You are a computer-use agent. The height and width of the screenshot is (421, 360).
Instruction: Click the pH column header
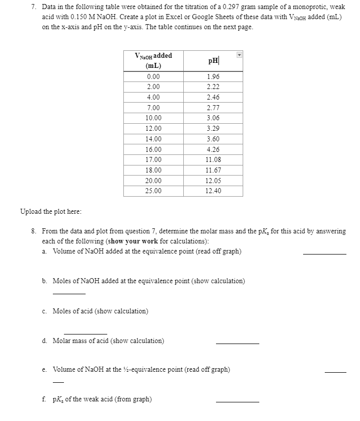point(212,61)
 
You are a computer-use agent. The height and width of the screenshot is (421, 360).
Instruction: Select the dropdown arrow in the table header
point(240,55)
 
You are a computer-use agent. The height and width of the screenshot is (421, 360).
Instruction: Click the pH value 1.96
point(212,76)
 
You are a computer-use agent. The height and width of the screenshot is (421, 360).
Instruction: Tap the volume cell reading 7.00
point(154,108)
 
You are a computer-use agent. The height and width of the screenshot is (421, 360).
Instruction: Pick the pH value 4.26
point(212,149)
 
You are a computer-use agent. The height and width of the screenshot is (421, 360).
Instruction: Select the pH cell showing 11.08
point(212,160)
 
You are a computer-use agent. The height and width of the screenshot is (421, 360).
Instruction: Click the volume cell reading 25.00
point(154,191)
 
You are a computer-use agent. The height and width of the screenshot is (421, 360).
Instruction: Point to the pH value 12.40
point(212,191)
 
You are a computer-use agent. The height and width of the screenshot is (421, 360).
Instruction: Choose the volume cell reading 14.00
point(154,139)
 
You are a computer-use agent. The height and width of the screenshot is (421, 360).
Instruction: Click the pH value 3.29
point(212,129)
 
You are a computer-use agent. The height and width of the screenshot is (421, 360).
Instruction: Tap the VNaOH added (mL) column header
point(154,60)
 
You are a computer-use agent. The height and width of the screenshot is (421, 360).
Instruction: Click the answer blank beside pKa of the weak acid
point(237,401)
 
